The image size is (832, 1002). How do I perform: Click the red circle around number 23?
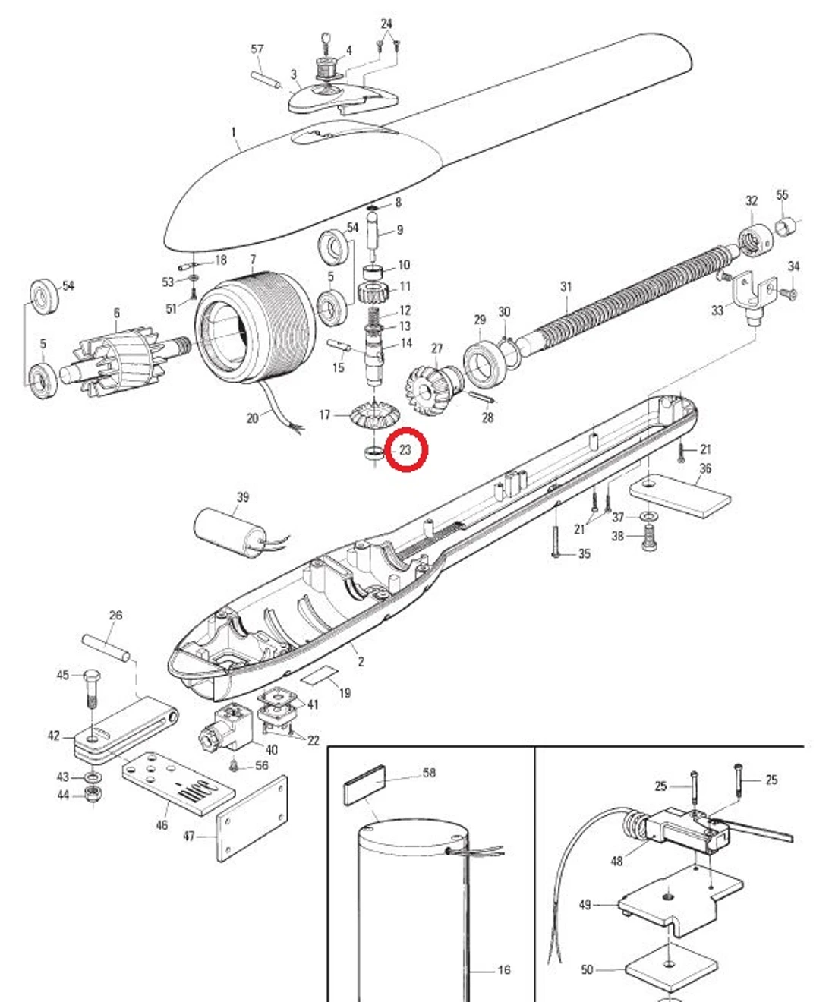[x=407, y=450]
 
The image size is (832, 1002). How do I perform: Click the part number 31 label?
[x=566, y=287]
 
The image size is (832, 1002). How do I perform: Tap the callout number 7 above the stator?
[x=253, y=260]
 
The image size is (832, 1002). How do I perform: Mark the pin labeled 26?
[x=106, y=646]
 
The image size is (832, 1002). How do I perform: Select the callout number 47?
[x=189, y=837]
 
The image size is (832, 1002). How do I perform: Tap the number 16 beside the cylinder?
[x=504, y=970]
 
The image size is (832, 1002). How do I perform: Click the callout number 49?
[x=585, y=904]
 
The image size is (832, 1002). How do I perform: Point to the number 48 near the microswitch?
[x=616, y=861]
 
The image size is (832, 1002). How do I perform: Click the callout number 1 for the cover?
[x=233, y=132]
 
